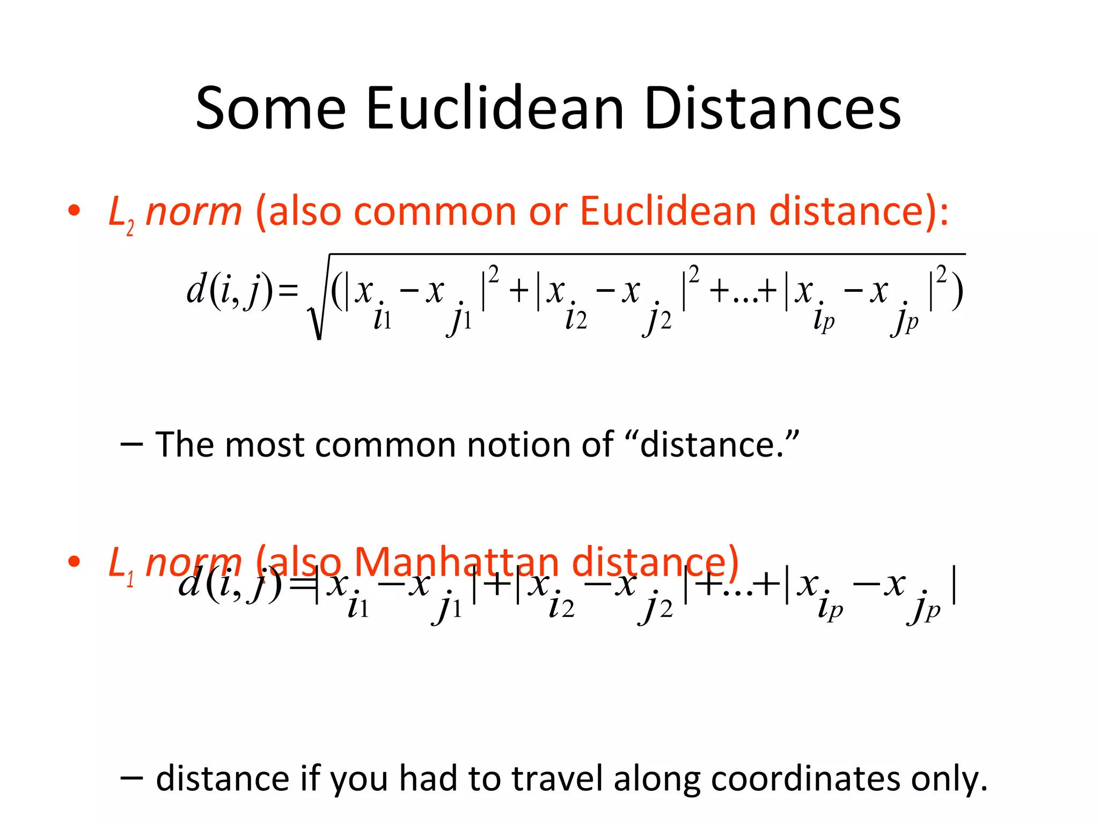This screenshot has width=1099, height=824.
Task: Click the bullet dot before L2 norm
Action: coord(74,210)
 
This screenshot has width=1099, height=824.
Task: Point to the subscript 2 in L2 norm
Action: coord(130,229)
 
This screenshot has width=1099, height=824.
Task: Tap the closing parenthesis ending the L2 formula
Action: coord(956,292)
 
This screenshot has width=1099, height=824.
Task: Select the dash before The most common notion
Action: coord(131,445)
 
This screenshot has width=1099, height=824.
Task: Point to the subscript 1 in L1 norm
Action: coord(130,580)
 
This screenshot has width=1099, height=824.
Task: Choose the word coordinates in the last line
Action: coord(805,778)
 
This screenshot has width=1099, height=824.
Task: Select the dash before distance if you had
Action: coord(131,778)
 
